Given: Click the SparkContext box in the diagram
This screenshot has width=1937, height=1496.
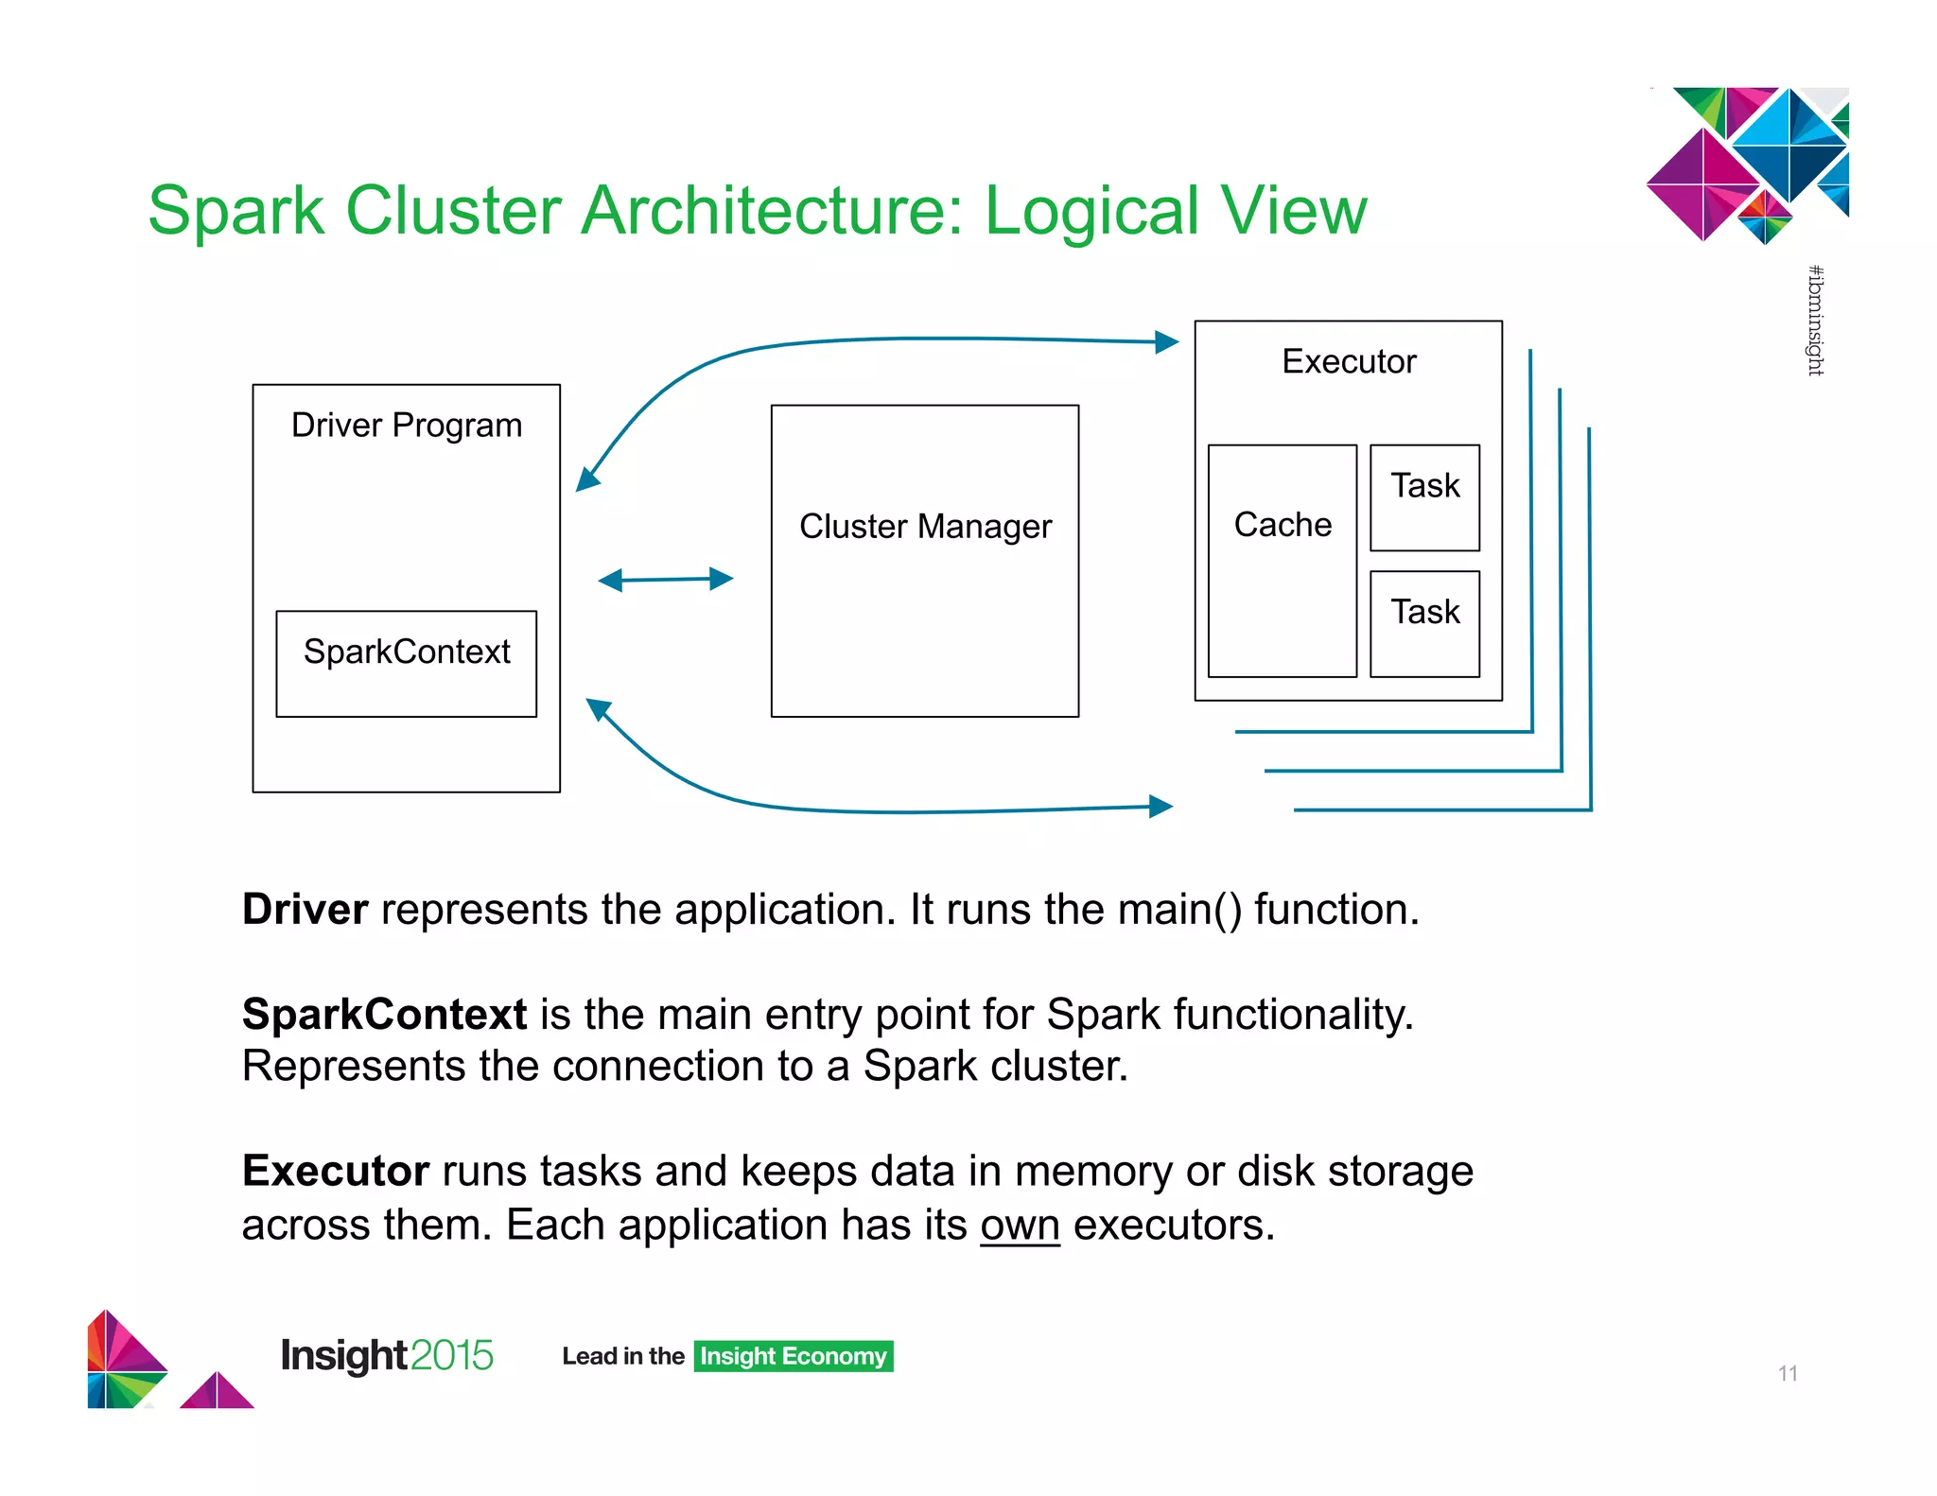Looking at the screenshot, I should click(x=406, y=663).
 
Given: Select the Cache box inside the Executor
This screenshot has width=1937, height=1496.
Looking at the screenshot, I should click(x=1282, y=560).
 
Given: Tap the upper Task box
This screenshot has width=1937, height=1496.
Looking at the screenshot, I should click(x=1424, y=497).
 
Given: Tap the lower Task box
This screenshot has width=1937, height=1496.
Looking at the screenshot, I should click(x=1424, y=623).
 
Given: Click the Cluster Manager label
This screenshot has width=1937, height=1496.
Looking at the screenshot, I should click(x=925, y=526).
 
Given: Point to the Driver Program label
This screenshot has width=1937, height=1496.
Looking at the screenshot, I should click(x=406, y=426).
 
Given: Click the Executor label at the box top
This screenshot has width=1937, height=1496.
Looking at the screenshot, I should click(x=1349, y=361).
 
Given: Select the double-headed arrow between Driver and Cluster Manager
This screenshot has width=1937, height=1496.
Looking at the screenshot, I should click(x=666, y=580).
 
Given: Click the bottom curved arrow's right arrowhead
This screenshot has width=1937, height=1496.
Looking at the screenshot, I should click(x=1161, y=806).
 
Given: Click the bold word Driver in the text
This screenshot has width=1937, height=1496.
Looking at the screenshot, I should click(x=305, y=910).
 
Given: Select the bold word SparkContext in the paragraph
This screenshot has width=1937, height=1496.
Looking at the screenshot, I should click(x=384, y=1015).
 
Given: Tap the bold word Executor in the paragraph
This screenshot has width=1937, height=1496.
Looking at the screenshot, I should click(x=336, y=1172).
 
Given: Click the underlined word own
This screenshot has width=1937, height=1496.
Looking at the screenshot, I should click(x=1020, y=1226).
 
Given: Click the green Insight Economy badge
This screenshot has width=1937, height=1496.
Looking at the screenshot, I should click(x=793, y=1356).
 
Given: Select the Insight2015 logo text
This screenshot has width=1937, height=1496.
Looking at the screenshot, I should click(x=387, y=1355).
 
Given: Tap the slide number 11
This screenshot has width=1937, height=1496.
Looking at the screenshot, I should click(x=1787, y=1373).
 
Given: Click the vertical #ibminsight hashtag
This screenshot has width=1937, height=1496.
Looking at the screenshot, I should click(x=1815, y=321).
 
